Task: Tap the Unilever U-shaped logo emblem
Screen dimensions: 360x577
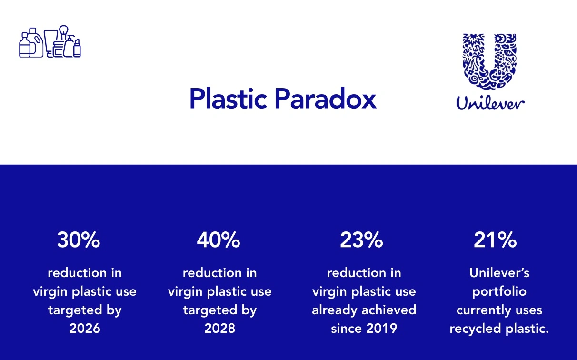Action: (x=490, y=61)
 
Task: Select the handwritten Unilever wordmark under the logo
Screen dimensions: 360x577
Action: (x=490, y=102)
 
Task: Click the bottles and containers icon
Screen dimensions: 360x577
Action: (x=50, y=42)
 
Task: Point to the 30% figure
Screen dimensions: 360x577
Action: (x=79, y=240)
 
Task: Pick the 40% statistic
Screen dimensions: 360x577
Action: (x=218, y=240)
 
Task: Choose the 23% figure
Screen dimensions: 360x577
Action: (x=361, y=240)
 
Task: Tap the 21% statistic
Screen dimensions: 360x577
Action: (x=495, y=240)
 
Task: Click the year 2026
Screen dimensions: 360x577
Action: (x=85, y=329)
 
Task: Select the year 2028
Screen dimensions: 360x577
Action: (x=220, y=329)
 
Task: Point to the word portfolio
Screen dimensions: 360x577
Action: (x=499, y=292)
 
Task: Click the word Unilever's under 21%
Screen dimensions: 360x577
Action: (x=499, y=273)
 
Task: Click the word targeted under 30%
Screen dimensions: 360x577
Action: (x=72, y=310)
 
